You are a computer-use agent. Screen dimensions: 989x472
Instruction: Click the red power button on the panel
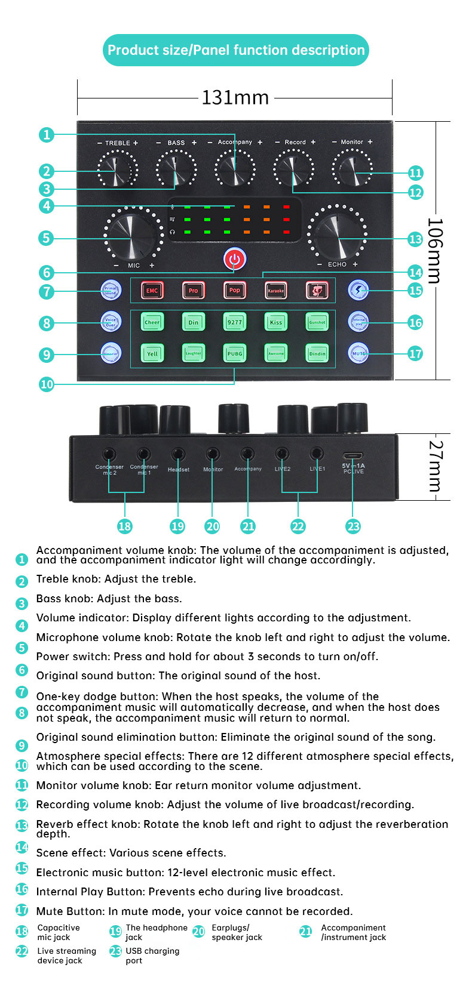[x=234, y=260]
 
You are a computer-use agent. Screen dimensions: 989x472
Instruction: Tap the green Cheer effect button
[x=152, y=322]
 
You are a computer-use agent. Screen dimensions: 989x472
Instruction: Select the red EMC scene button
[x=152, y=291]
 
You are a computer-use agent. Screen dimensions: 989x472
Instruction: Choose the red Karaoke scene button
[x=275, y=291]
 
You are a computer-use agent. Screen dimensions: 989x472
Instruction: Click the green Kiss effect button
[x=275, y=322]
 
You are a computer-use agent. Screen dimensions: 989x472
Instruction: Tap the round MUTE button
[x=358, y=353]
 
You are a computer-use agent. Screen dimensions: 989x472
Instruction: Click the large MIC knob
[x=133, y=235]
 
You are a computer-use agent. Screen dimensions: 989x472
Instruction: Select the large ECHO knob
[x=336, y=234]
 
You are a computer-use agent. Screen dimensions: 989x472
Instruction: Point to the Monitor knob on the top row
[x=353, y=169]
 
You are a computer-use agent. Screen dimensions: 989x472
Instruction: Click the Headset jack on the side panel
[x=178, y=454]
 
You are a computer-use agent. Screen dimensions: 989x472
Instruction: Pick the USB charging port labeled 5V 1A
[x=353, y=455]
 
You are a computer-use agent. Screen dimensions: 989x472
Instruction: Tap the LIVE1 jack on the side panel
[x=317, y=454]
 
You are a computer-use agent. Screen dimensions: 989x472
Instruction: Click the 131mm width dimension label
[x=235, y=97]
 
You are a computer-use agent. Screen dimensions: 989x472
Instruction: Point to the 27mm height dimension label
[x=437, y=466]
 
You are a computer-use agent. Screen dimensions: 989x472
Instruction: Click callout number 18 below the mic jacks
[x=124, y=526]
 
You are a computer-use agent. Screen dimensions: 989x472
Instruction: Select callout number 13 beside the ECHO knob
[x=415, y=239]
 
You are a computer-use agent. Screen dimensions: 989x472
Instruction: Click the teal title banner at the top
[x=236, y=50]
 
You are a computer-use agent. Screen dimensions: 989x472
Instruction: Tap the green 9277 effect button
[x=234, y=322]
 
